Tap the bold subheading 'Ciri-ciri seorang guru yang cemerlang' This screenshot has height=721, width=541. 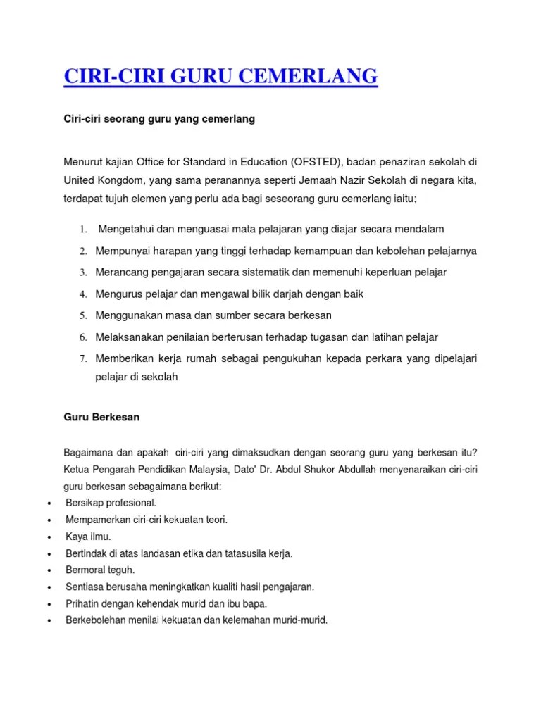[x=159, y=120]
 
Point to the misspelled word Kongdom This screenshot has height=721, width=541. [x=118, y=180]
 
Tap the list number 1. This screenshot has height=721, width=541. [x=82, y=230]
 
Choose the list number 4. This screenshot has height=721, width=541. [x=82, y=294]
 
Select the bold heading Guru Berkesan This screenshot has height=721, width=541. [x=101, y=417]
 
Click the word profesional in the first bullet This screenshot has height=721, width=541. [x=130, y=503]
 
